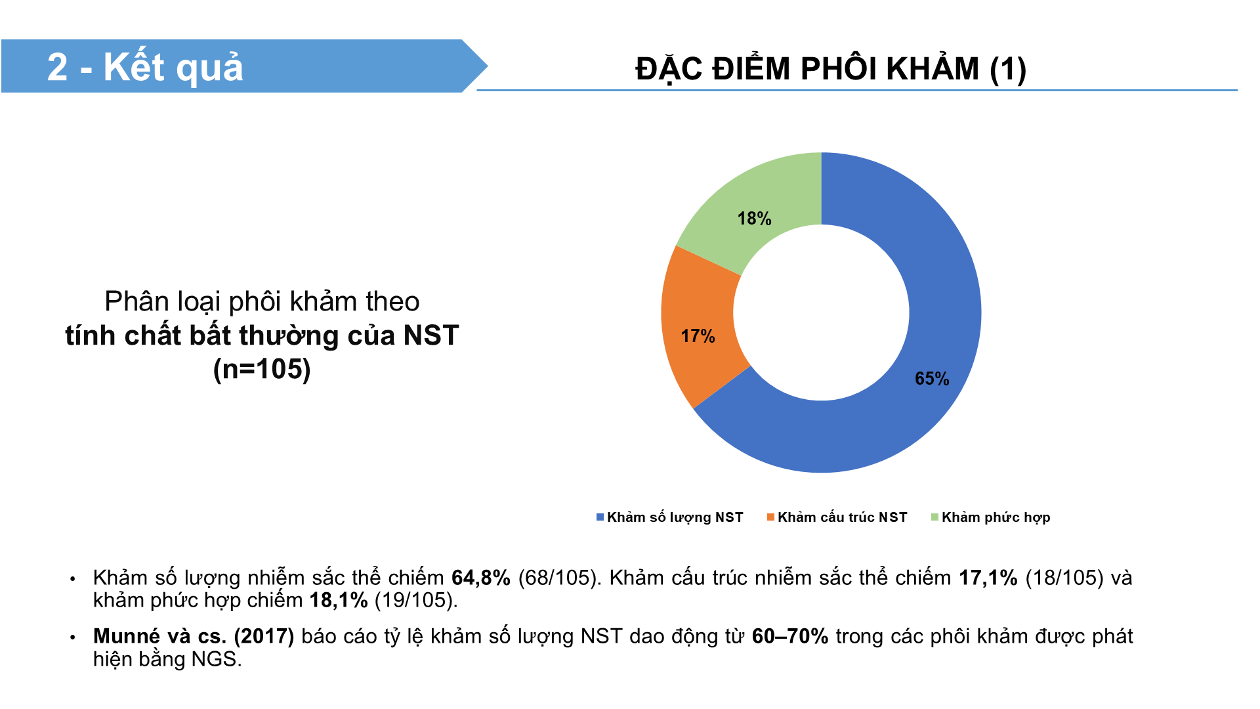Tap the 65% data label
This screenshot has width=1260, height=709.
click(x=932, y=379)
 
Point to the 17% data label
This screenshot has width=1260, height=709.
click(x=698, y=336)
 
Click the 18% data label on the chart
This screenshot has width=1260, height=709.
click(x=754, y=219)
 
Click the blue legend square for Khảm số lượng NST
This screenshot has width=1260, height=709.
click(x=600, y=517)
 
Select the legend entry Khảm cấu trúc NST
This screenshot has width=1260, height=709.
click(x=837, y=517)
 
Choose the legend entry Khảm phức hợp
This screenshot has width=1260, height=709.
click(x=990, y=517)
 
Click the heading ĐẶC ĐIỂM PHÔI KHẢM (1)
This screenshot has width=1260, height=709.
click(x=831, y=69)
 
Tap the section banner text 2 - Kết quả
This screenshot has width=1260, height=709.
click(x=145, y=68)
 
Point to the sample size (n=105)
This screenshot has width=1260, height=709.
click(x=262, y=369)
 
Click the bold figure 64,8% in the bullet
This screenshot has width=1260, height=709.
click(x=481, y=578)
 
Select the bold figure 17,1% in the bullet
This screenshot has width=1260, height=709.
click(x=988, y=578)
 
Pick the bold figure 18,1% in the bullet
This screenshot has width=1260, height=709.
click(x=339, y=600)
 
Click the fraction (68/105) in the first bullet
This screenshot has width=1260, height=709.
click(x=557, y=578)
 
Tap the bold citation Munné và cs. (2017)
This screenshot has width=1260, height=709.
click(x=194, y=636)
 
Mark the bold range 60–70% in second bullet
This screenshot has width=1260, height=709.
click(x=790, y=636)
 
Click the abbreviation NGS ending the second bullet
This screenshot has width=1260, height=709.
click(x=217, y=659)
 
